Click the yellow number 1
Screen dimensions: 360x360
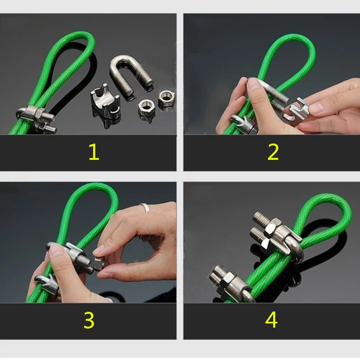(x=93, y=152)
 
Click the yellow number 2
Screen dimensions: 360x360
(x=273, y=152)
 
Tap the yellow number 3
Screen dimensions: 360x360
(x=89, y=320)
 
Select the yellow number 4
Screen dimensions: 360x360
(x=271, y=320)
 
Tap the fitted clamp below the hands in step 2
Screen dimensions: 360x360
(x=243, y=124)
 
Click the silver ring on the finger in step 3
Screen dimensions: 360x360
(x=144, y=207)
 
